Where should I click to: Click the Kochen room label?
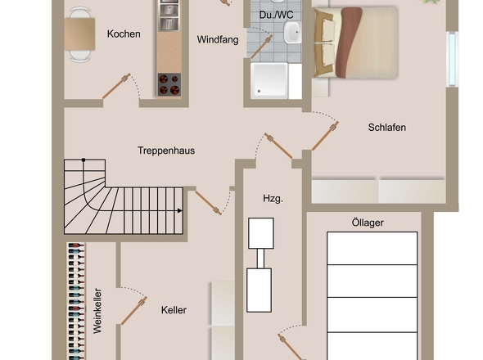click(124, 34)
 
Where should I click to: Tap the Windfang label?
click(218, 40)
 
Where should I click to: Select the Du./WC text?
click(277, 15)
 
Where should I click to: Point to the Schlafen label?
click(387, 127)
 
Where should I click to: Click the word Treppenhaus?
click(166, 151)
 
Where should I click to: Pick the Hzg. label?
click(273, 199)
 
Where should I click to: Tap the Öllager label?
click(368, 223)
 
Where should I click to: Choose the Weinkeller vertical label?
click(97, 311)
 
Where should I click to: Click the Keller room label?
click(174, 310)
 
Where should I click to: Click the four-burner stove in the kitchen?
click(169, 85)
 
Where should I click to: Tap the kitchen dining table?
click(79, 34)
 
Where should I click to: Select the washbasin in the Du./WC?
click(292, 33)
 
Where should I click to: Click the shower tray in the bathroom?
click(269, 81)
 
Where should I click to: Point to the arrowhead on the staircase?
click(180, 210)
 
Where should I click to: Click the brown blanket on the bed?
click(348, 43)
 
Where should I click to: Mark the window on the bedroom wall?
click(452, 59)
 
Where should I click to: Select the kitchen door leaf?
click(116, 86)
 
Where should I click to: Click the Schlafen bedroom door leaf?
click(325, 136)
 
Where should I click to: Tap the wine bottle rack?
click(76, 301)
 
